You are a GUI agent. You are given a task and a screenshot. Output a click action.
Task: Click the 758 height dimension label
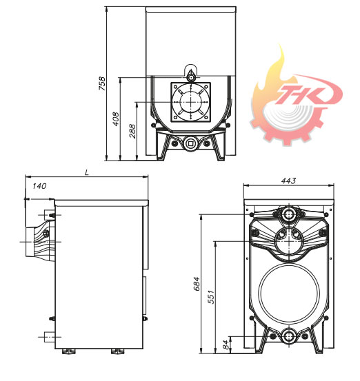pos(102,83)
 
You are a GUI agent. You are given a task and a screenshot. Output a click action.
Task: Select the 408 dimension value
pos(116,119)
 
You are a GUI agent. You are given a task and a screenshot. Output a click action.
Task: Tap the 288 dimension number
pos(132,131)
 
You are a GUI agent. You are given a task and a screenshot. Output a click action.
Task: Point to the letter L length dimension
pos(87,173)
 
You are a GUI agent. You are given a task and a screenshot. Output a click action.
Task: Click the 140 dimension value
pos(39,186)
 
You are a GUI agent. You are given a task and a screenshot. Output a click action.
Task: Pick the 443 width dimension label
pos(288,181)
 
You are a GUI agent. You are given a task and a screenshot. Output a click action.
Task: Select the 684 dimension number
pos(197,283)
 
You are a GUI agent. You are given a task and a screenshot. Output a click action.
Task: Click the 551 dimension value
pos(211,297)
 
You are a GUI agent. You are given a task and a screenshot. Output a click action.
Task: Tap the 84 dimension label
pos(226,344)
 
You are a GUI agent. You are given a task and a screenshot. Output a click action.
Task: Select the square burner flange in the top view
pos(191,102)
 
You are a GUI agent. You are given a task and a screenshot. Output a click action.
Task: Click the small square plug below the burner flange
pos(190,143)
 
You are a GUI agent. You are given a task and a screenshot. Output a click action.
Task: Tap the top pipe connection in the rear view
pos(289,214)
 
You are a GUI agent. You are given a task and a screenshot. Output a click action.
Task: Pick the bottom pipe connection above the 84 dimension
pos(289,336)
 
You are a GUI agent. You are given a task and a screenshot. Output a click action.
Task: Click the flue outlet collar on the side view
pos(30,242)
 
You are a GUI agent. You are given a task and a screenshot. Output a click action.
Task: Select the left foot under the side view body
pos(68,351)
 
